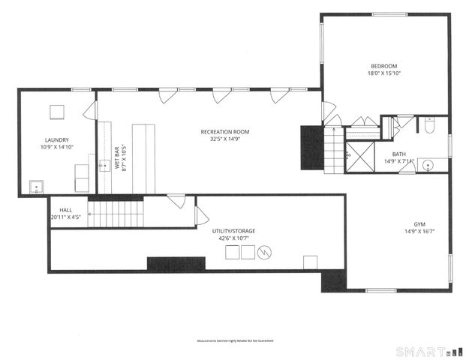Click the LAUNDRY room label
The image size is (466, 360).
point(56,139)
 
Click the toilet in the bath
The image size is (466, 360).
point(429,127)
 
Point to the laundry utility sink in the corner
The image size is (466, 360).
point(36,187)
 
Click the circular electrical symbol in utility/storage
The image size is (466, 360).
point(263,253)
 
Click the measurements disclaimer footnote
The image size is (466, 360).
point(235,340)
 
